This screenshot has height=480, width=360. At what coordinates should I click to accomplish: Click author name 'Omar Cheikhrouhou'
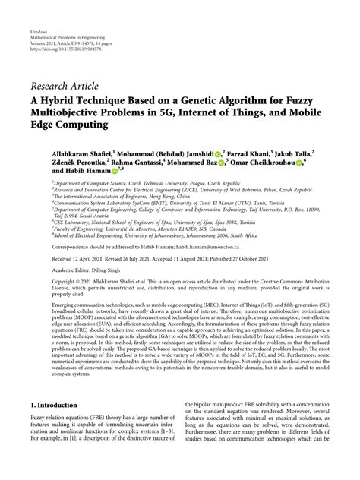coord(266,162)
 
